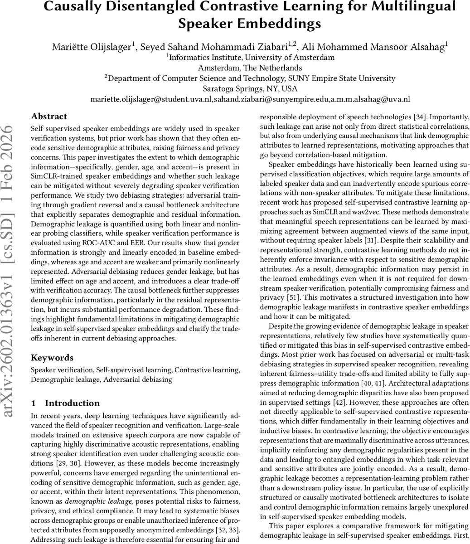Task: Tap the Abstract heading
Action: (49, 117)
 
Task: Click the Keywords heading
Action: (52, 358)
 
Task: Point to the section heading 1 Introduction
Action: (65, 403)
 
